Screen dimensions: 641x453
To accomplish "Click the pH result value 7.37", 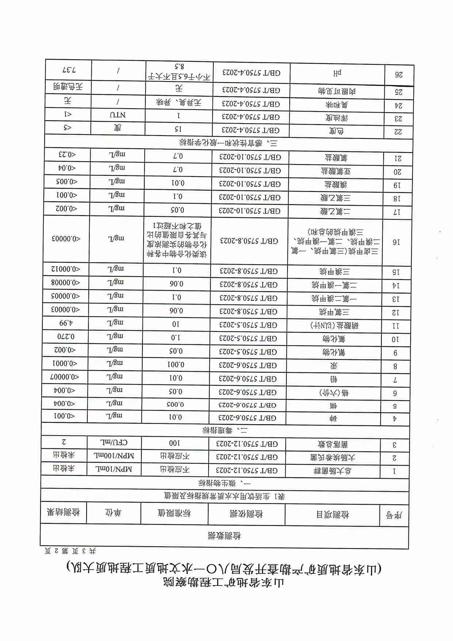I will [x=68, y=69].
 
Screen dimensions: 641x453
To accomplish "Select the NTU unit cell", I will [x=118, y=115].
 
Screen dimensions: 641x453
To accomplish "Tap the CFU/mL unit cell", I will [x=114, y=442].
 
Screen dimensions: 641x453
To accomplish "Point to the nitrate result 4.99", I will [x=66, y=323].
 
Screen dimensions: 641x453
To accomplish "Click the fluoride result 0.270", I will [x=66, y=337].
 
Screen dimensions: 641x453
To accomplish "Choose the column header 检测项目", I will [x=332, y=515].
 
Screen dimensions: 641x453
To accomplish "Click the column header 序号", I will [x=394, y=515].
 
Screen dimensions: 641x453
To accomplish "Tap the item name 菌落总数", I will [x=333, y=444].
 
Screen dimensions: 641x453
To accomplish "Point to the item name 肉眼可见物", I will [x=336, y=91].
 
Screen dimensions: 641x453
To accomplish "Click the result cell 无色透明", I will [x=68, y=87].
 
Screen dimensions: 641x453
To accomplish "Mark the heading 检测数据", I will [x=224, y=536].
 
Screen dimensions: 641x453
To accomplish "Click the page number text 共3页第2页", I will [x=70, y=550].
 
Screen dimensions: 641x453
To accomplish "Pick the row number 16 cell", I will [x=396, y=242].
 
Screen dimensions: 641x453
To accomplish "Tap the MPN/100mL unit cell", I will [x=114, y=456].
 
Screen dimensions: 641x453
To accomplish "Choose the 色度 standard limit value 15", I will [x=178, y=129].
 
